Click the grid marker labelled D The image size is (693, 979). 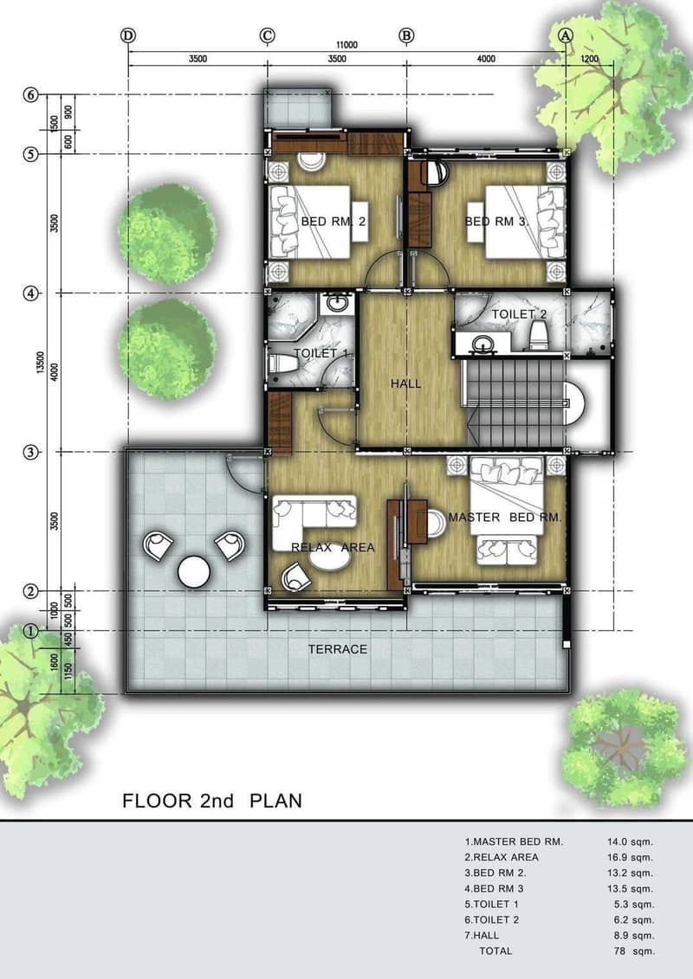pyautogui.click(x=128, y=35)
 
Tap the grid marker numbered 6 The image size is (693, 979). pyautogui.click(x=31, y=95)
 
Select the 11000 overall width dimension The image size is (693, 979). pyautogui.click(x=346, y=45)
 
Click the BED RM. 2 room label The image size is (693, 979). pyautogui.click(x=333, y=221)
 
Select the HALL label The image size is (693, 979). pyautogui.click(x=406, y=383)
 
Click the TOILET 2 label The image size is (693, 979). pyautogui.click(x=519, y=314)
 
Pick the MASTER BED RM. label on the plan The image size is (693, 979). pyautogui.click(x=505, y=517)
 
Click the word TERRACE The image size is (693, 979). pyautogui.click(x=338, y=649)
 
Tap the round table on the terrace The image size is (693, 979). pyautogui.click(x=194, y=571)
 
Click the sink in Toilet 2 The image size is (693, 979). pyautogui.click(x=482, y=343)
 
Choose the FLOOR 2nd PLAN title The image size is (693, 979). pyautogui.click(x=212, y=801)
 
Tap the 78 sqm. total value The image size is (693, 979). pyautogui.click(x=634, y=951)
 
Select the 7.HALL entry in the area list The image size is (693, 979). pyautogui.click(x=482, y=936)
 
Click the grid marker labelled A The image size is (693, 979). pyautogui.click(x=566, y=35)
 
